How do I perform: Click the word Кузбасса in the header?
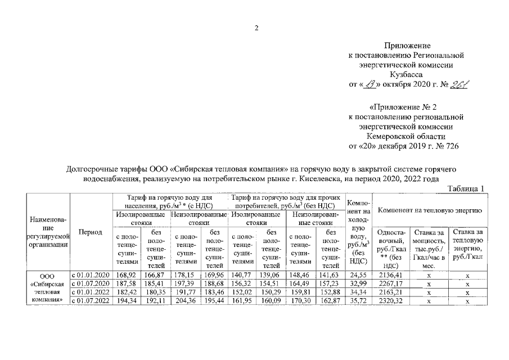pos(405,74)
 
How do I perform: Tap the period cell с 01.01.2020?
pos(90,274)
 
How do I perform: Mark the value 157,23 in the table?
pos(331,283)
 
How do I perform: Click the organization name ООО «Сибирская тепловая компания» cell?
pos(47,288)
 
